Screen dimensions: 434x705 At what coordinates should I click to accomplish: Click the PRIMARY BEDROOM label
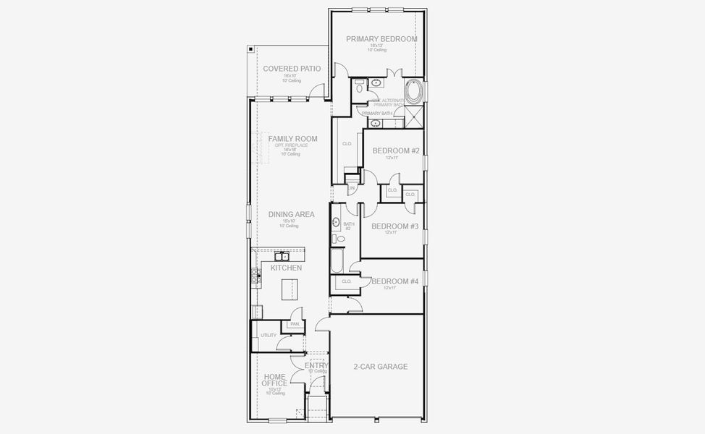click(381, 39)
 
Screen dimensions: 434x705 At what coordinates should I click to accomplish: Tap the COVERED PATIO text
click(292, 69)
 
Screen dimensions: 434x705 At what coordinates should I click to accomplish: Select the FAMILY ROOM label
click(292, 139)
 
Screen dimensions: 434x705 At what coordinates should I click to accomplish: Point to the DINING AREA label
click(291, 214)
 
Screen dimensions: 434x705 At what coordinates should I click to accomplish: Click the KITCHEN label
click(286, 268)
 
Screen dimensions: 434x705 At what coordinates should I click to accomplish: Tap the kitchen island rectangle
click(290, 289)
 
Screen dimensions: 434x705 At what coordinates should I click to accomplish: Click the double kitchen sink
click(281, 256)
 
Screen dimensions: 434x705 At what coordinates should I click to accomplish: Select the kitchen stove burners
click(255, 275)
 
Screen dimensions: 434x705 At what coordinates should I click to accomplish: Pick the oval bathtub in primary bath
click(414, 93)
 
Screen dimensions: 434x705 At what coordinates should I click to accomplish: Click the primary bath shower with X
click(414, 116)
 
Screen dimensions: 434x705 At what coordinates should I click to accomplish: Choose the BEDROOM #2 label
click(396, 150)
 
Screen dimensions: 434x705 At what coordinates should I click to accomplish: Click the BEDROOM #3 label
click(395, 226)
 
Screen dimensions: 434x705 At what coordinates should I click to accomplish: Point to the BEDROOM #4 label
click(394, 281)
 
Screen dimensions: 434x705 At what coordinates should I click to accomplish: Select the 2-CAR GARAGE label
click(380, 367)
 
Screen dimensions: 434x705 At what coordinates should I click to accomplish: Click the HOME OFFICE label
click(275, 380)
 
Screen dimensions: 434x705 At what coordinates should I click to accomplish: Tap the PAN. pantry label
click(295, 324)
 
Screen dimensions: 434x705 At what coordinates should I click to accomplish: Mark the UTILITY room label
click(269, 336)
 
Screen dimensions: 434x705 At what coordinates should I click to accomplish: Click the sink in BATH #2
click(336, 222)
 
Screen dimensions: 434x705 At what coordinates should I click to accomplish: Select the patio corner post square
click(250, 49)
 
